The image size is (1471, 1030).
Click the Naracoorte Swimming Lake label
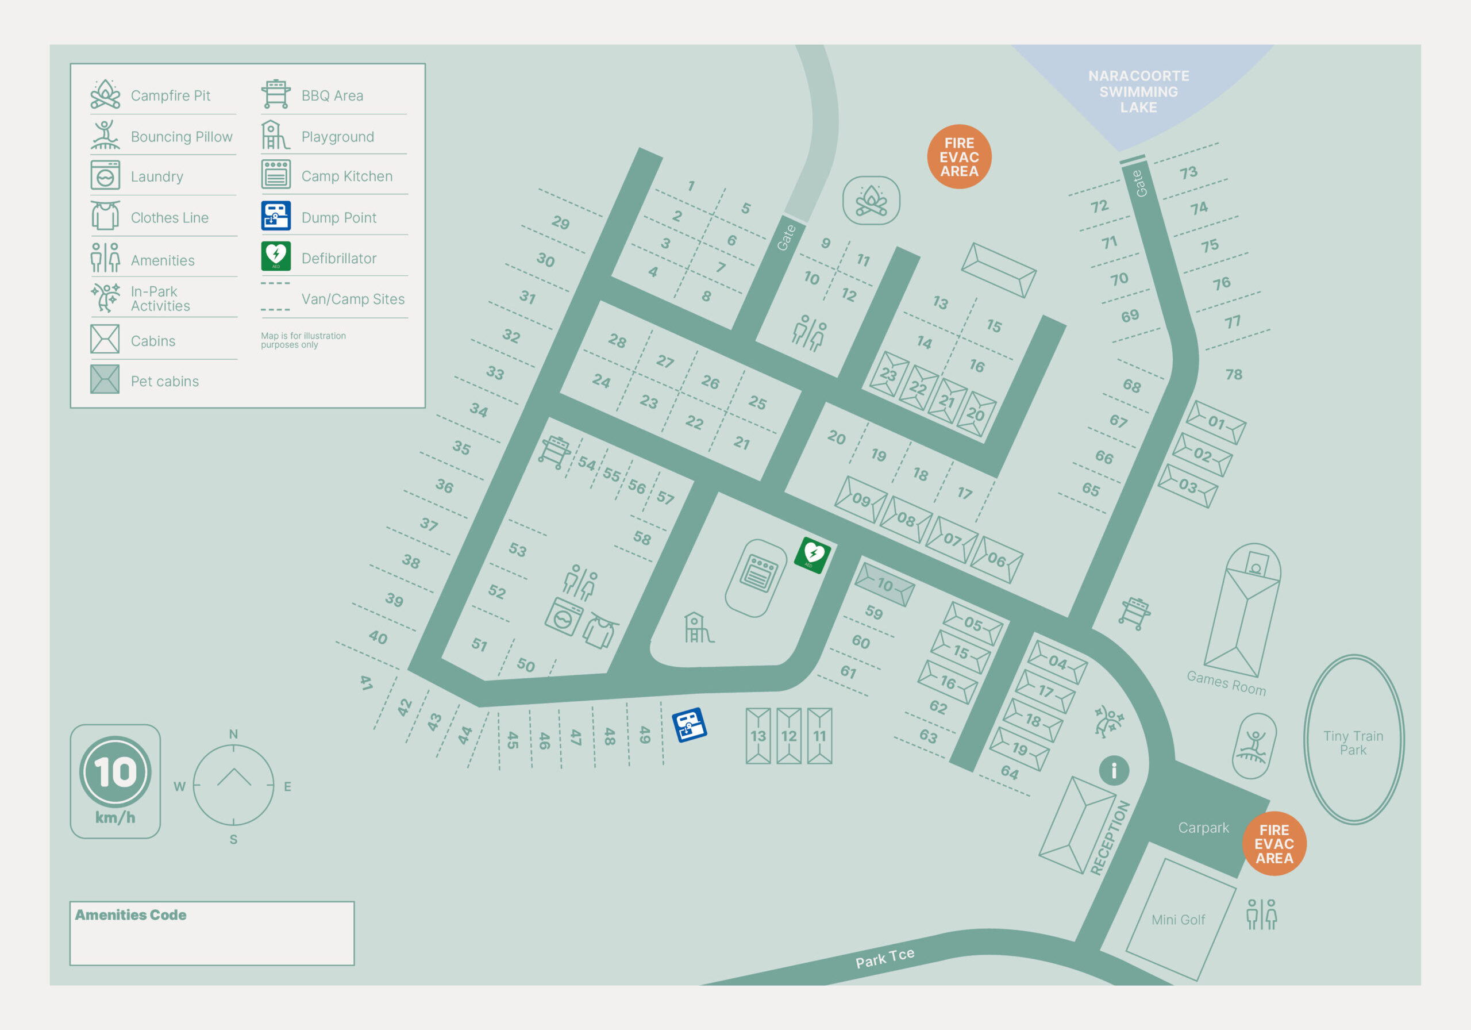click(x=1138, y=91)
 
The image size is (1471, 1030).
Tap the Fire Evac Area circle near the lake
click(x=958, y=156)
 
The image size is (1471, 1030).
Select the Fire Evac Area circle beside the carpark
click(x=1274, y=843)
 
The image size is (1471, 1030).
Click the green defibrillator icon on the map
click(x=812, y=555)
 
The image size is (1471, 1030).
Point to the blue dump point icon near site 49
click(x=689, y=724)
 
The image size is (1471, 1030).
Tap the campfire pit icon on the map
click(x=871, y=201)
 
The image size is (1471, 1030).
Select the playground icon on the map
click(x=698, y=628)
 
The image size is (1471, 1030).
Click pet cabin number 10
click(x=884, y=584)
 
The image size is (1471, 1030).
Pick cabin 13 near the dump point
click(x=758, y=736)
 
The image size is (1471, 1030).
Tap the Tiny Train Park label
click(x=1353, y=742)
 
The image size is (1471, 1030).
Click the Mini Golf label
click(x=1177, y=919)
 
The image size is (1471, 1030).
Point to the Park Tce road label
click(x=884, y=958)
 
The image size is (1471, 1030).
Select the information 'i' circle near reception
click(x=1114, y=770)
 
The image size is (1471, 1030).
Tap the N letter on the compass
click(x=233, y=734)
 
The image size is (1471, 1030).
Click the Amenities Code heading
click(x=130, y=914)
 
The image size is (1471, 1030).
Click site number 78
click(x=1233, y=374)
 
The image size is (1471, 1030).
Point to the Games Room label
click(x=1226, y=683)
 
